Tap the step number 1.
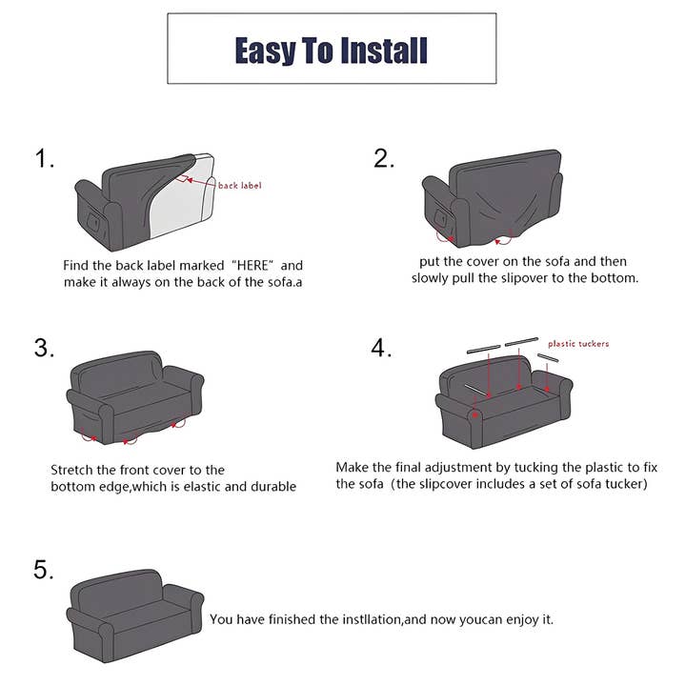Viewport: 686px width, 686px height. [x=45, y=158]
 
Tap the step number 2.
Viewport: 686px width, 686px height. [x=384, y=158]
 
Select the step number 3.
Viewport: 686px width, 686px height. [x=45, y=348]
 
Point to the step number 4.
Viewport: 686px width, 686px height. [x=382, y=348]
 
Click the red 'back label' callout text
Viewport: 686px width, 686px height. [x=239, y=186]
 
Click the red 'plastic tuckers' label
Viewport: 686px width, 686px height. [x=578, y=344]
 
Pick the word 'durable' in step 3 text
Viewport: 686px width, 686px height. [x=272, y=487]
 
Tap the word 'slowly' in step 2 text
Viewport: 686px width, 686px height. [x=434, y=278]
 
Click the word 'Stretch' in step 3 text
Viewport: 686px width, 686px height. [x=73, y=470]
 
